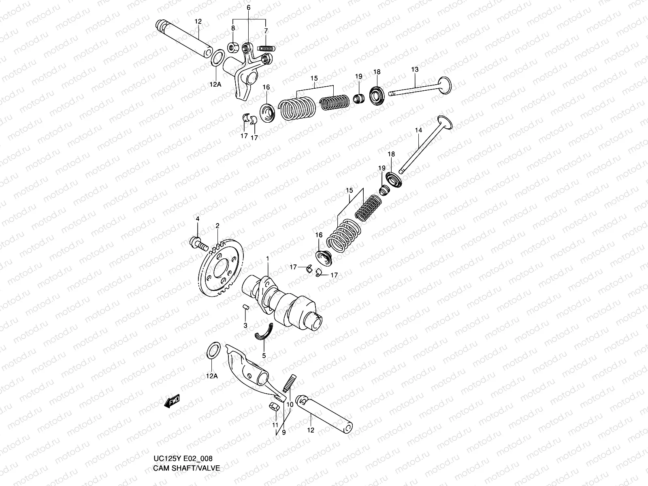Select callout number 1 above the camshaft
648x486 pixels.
click(x=267, y=258)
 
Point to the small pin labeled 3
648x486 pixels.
click(x=245, y=307)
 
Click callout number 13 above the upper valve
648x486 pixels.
click(x=415, y=70)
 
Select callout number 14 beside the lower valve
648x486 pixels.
click(x=418, y=130)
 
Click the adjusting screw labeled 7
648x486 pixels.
click(x=267, y=49)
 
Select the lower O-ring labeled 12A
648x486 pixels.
click(x=213, y=349)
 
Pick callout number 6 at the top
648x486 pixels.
click(x=249, y=8)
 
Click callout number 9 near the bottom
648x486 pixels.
click(x=284, y=433)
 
